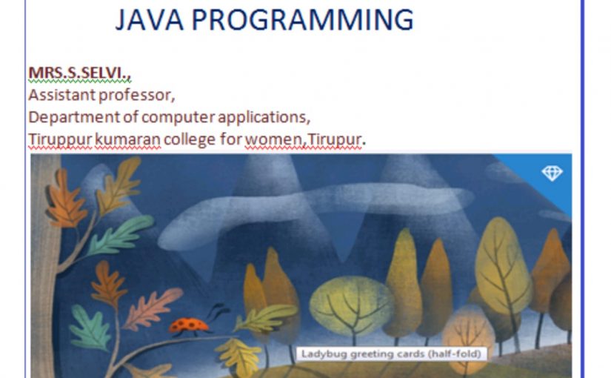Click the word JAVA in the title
(x=150, y=19)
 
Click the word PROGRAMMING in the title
(x=302, y=19)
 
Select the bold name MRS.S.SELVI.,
(x=79, y=73)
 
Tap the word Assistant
(x=61, y=95)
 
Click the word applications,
(x=264, y=118)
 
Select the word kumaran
(x=127, y=139)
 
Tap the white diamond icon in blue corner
(x=552, y=173)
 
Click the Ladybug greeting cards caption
(x=391, y=354)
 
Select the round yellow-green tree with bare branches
(x=352, y=305)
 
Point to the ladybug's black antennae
(x=218, y=311)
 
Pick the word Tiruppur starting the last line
(x=60, y=139)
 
